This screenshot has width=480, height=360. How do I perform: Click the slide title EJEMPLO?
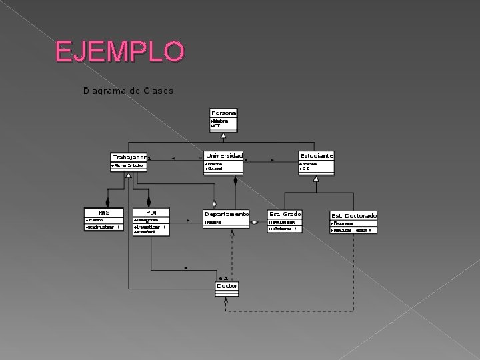(x=119, y=51)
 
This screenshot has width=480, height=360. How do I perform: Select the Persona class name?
(x=223, y=113)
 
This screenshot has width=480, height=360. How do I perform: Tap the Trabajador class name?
(x=129, y=157)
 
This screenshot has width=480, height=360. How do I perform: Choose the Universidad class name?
(x=223, y=155)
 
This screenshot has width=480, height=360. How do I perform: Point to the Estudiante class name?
(x=316, y=155)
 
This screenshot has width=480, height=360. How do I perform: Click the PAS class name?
(x=104, y=213)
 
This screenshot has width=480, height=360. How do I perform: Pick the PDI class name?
(x=151, y=213)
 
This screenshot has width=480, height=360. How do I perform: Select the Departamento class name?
(x=227, y=214)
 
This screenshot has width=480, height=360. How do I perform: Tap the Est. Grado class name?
(x=285, y=214)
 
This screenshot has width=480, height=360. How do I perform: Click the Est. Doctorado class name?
(x=353, y=215)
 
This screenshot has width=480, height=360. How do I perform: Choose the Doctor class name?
(x=227, y=286)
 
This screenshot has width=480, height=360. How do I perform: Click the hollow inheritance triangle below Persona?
(x=223, y=135)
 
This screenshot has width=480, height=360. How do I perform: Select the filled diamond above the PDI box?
(x=148, y=201)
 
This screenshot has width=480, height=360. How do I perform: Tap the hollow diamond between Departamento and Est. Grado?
(x=255, y=221)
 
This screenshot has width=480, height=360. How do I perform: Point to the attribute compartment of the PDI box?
(x=151, y=220)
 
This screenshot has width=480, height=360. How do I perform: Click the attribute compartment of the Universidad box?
(x=223, y=166)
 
